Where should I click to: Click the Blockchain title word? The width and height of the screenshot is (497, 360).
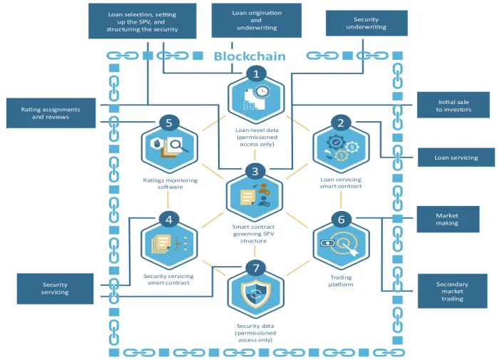pos(250,56)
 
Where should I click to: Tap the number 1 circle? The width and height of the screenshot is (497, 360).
pos(256,74)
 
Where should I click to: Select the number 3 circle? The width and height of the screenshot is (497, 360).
pos(255,171)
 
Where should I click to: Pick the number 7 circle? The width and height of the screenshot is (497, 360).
pos(256,269)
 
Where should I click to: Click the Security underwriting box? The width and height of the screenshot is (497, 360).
pos(367,23)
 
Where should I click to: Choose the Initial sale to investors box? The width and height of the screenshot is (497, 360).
pos(454,105)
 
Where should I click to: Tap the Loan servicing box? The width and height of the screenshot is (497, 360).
pos(456,158)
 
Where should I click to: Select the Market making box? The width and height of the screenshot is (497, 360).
pos(448,220)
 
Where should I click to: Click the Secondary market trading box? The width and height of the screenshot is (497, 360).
pos(452,292)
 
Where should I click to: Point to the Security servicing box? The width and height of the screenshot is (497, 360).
pos(55,289)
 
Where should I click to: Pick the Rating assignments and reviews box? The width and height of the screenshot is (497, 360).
pos(51,113)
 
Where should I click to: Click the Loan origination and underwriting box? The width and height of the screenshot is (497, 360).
pos(257,21)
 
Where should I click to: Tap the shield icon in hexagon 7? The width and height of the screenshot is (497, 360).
pos(256,294)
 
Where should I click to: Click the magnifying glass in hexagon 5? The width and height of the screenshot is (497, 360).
pos(177,145)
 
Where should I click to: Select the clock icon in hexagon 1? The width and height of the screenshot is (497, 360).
pos(262,91)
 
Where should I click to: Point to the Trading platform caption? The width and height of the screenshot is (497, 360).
pos(341,281)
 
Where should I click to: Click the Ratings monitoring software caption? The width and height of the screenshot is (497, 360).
pos(170,184)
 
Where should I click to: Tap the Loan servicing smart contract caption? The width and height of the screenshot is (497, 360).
pos(341,183)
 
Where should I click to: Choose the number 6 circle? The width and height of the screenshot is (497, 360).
pos(341,220)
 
